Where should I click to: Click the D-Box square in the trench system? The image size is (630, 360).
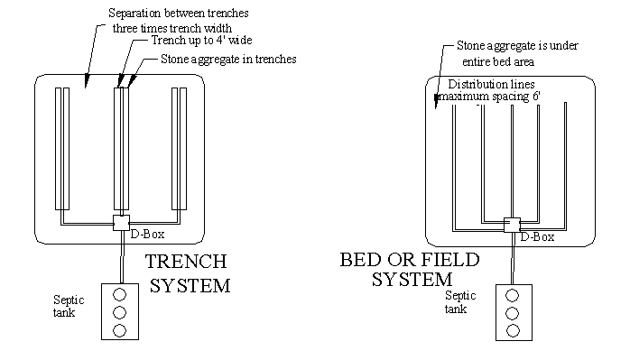pos(121,223)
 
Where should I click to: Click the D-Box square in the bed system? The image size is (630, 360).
pos(512,225)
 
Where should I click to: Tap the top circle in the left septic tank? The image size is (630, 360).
pos(120,295)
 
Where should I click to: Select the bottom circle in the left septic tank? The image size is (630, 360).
pos(120,330)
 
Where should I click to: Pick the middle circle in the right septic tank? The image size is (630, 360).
pos(513,313)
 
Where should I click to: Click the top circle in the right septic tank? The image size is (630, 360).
pos(513,296)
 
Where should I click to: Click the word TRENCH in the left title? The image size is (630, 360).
pos(186,262)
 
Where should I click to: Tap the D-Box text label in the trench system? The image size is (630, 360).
pos(147,235)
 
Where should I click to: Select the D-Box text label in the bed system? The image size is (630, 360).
pos(538,237)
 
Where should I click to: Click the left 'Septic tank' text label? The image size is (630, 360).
pos(69,306)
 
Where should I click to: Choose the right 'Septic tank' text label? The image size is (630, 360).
pos(460,302)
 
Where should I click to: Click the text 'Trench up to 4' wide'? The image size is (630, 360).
pos(201,41)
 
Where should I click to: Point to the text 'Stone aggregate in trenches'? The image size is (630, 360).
pos(228,59)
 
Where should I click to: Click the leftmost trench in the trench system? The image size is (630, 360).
pos(62,149)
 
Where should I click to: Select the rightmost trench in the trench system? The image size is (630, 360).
pos(180,149)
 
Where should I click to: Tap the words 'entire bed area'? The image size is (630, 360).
pos(498,62)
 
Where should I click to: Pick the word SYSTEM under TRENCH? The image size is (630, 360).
pos(190,286)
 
